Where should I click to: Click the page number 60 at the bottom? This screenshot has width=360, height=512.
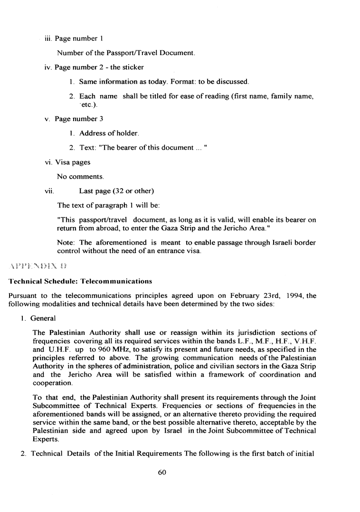click(164, 472)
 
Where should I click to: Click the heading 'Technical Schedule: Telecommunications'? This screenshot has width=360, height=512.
click(74, 282)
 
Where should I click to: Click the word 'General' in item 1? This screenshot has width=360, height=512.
click(44, 318)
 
